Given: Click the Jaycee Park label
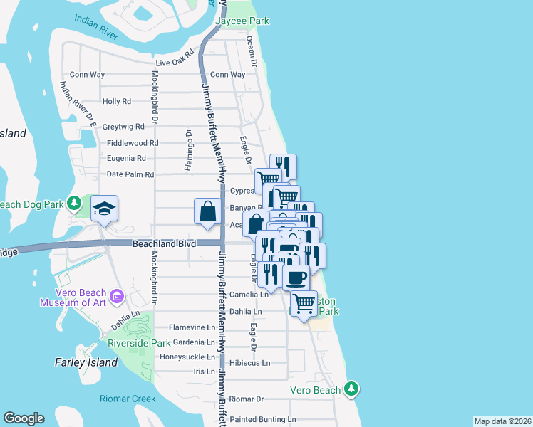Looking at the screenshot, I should point(244,21).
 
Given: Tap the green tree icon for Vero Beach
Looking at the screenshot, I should point(351,389).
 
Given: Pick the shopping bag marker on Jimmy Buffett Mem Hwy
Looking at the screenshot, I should point(207,211).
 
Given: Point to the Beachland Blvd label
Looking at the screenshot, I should point(163,243).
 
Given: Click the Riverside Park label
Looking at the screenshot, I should point(139,343).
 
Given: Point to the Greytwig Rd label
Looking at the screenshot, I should point(123,127).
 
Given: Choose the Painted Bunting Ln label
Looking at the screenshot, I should point(262,420).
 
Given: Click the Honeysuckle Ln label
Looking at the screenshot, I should point(187,357).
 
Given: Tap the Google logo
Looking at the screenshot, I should point(24,418).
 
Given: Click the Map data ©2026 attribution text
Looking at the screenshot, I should point(502,421).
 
